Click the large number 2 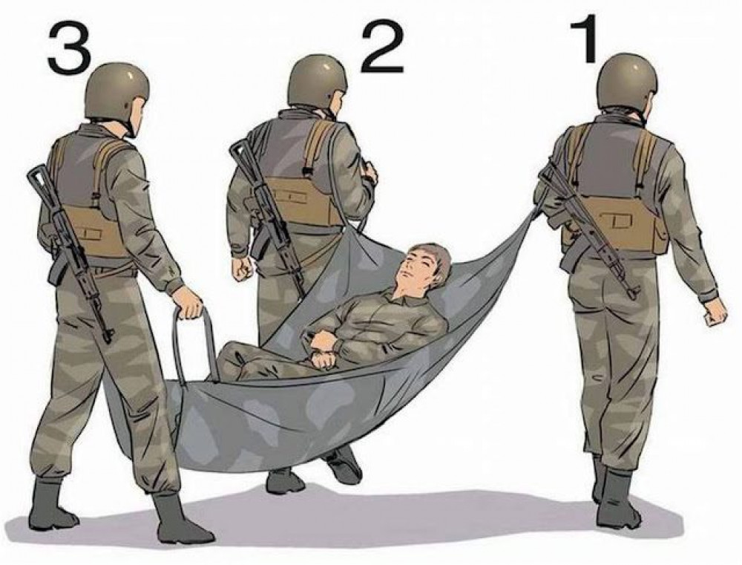pos(382,48)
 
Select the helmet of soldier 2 pos(318,84)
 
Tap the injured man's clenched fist pos(324,359)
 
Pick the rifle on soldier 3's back pos(71,250)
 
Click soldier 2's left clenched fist pos(243,269)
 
